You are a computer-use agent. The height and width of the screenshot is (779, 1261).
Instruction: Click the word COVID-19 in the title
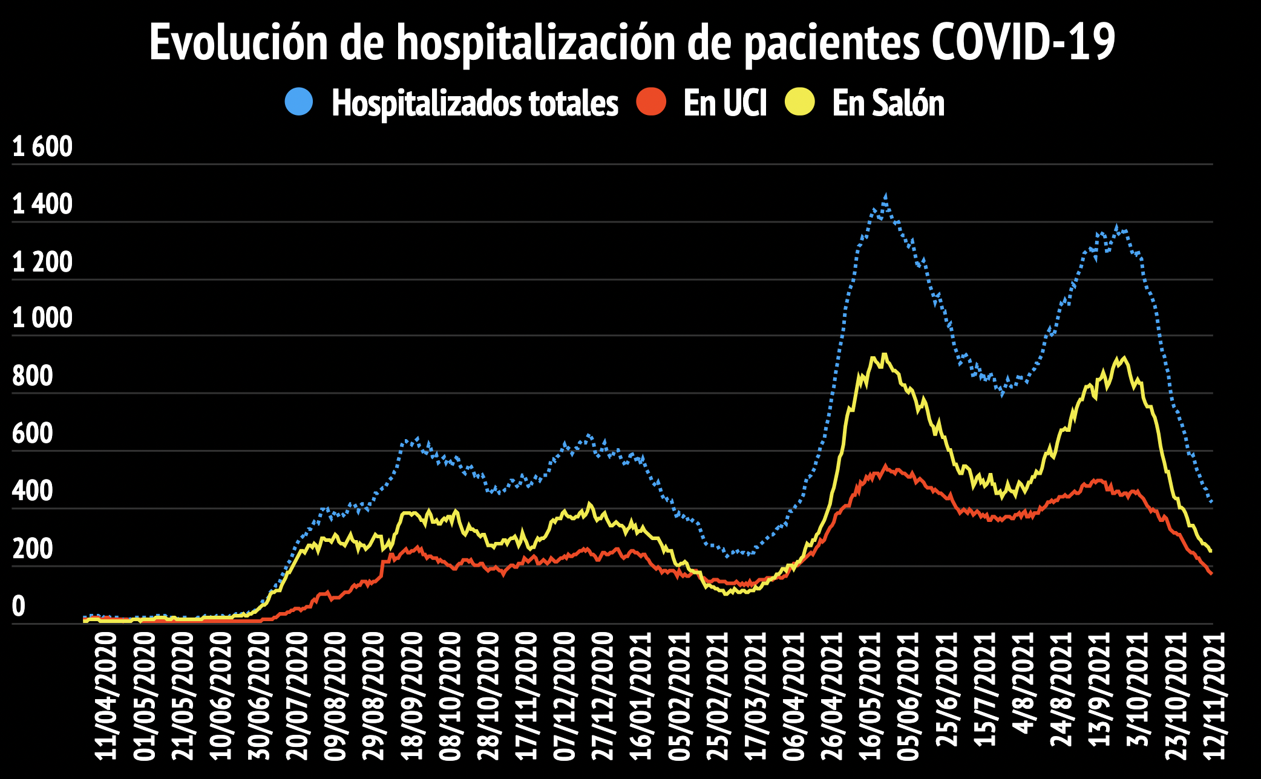point(1023,42)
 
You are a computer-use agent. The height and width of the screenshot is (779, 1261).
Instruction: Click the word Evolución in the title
point(238,42)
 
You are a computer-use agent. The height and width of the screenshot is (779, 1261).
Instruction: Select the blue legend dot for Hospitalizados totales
point(299,102)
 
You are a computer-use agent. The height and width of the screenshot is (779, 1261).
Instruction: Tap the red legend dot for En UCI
point(651,102)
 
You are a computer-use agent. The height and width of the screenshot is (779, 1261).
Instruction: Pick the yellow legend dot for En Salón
point(800,102)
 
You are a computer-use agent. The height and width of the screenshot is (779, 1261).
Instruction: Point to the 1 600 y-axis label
point(42,147)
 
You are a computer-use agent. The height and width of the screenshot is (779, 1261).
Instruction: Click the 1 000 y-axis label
point(42,318)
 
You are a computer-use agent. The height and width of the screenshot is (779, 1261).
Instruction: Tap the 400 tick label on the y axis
point(33,491)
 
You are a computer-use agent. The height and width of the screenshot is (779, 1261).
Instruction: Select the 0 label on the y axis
point(19,606)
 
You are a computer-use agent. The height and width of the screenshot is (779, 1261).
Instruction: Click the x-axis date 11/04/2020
point(105,696)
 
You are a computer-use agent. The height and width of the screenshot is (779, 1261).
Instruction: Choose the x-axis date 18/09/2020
point(411,696)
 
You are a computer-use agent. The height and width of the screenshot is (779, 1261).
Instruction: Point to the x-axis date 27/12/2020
point(603,696)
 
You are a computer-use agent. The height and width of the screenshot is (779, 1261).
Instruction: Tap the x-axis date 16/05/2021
point(870,696)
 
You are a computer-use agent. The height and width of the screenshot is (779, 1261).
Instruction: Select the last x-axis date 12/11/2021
point(1214,696)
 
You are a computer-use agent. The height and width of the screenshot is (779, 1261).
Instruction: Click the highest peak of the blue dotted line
point(885,197)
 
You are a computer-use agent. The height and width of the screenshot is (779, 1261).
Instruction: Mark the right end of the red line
point(1211,573)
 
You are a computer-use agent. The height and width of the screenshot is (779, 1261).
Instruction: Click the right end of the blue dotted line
point(1211,501)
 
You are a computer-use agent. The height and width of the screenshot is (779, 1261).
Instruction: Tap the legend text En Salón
point(888,103)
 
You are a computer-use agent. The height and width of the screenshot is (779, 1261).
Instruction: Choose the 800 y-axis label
point(33,376)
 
